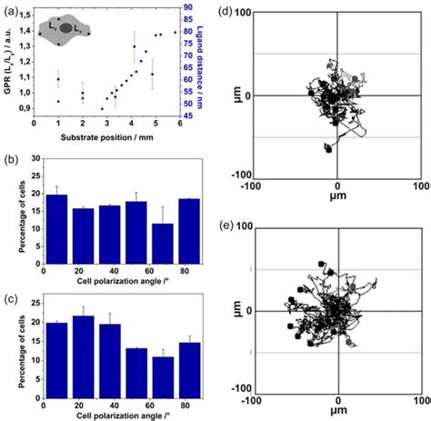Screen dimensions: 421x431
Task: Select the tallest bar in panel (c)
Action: [x=84, y=349]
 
